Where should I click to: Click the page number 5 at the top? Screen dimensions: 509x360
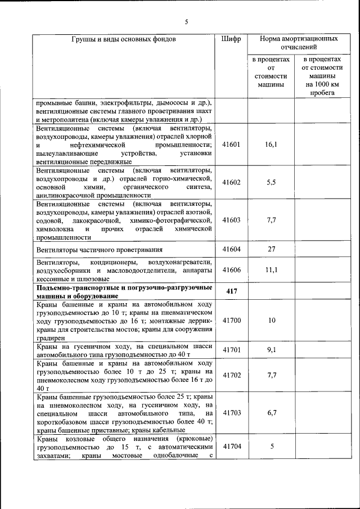(x=186, y=22)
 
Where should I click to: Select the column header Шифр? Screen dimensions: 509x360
(x=231, y=39)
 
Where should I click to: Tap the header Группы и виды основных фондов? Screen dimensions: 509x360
(x=124, y=39)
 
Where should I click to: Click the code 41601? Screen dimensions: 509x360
(x=231, y=145)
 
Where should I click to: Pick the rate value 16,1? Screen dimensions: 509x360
(x=272, y=145)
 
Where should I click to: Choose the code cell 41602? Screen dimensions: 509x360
(x=231, y=182)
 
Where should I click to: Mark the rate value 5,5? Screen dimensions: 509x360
(x=272, y=182)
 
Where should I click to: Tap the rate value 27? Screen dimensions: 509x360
(x=272, y=249)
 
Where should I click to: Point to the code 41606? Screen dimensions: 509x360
(x=231, y=270)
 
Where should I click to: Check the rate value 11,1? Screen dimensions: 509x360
(x=272, y=270)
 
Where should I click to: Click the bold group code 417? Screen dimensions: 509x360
(x=231, y=291)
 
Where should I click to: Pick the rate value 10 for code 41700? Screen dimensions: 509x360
(x=272, y=320)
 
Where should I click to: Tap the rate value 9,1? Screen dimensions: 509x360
(x=272, y=350)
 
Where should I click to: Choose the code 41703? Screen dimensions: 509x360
(x=231, y=412)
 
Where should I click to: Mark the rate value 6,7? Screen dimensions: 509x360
(x=272, y=412)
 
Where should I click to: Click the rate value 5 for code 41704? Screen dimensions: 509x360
(x=272, y=447)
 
